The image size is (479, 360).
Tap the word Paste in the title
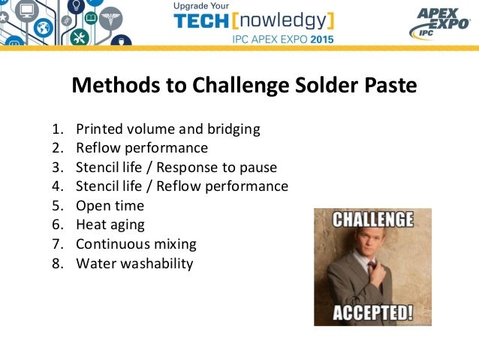click(384, 86)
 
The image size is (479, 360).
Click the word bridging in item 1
click(233, 129)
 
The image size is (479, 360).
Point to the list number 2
click(57, 148)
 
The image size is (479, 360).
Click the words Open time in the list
click(110, 205)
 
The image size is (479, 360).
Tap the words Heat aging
click(110, 225)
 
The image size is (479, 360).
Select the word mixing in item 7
click(172, 244)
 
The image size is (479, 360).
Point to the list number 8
click(57, 263)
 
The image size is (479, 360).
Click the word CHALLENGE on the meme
click(372, 220)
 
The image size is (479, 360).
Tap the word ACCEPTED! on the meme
click(372, 311)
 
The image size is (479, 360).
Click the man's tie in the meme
click(370, 266)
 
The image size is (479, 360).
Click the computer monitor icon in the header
click(29, 10)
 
